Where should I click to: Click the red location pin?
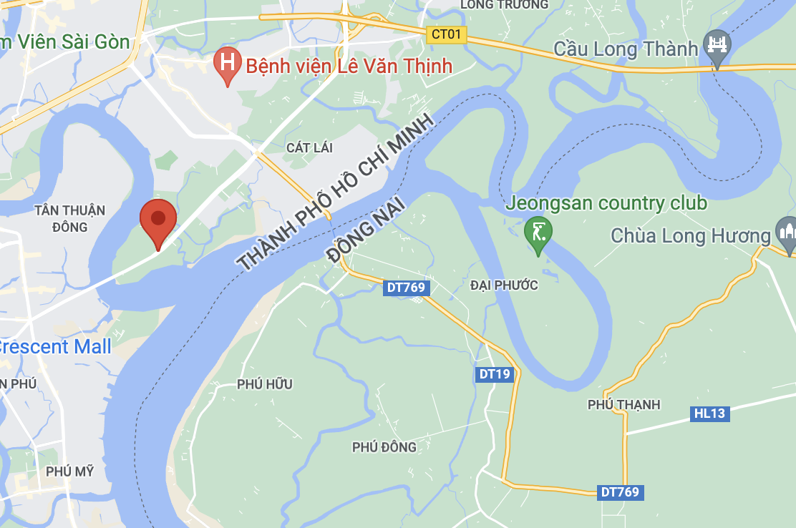tap(158, 220)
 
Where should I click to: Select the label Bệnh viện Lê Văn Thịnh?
tap(349, 67)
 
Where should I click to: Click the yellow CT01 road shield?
tap(447, 34)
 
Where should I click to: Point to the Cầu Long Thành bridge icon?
tap(717, 44)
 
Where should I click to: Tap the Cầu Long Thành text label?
tap(626, 49)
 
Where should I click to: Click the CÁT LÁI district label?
tap(310, 148)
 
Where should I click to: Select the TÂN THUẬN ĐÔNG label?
tap(69, 219)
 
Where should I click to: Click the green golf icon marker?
tap(538, 233)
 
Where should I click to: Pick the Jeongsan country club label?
tap(606, 203)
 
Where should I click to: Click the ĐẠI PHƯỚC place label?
tap(504, 285)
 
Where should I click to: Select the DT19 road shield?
tap(495, 374)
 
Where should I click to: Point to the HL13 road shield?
tap(709, 414)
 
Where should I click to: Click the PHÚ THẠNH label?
tap(623, 405)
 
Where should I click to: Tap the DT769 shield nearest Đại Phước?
tap(407, 288)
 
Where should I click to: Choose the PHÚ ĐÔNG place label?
tap(384, 447)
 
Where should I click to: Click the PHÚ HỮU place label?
tap(265, 384)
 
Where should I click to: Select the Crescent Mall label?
tap(54, 347)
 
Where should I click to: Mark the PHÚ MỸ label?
tap(69, 471)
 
